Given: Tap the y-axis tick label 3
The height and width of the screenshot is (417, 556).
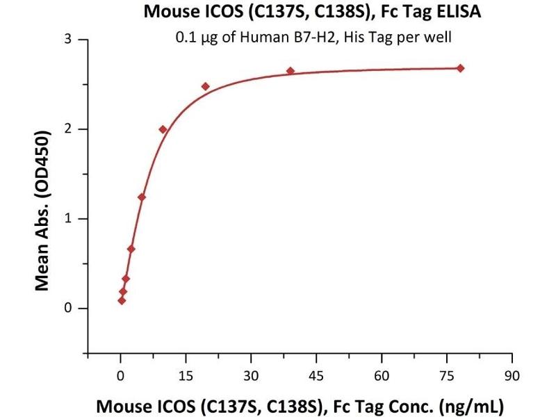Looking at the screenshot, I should coord(68,40).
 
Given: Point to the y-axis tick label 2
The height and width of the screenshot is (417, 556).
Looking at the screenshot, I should coord(68,129).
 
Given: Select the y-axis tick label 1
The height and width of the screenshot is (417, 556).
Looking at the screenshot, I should coord(68,219).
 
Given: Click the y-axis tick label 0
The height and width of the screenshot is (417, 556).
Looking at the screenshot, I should coord(68,308).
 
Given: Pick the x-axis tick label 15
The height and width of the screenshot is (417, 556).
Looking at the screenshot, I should coord(186,375).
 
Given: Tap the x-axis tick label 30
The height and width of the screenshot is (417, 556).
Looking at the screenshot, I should coord(251,375).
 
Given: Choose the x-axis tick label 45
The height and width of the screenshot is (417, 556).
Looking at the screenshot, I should coord(316,375).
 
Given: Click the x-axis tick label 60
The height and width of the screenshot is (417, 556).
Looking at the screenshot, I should coord(382,375).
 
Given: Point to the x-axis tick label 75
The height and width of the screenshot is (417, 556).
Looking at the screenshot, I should coord(447,375).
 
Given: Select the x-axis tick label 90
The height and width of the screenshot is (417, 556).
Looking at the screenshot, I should coord(512,375).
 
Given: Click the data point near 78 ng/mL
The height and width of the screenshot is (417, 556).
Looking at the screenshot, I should coord(460,68).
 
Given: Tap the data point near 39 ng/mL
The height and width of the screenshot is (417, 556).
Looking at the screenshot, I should coord(291,71).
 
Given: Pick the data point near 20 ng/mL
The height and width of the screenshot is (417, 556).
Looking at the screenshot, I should coord(206,86).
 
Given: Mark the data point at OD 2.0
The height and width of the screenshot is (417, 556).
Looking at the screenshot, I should coord(163,129).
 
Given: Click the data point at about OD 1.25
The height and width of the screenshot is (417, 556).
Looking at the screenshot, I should coord(142,197).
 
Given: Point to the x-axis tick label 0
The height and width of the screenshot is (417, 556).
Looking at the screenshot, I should coord(120,375).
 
